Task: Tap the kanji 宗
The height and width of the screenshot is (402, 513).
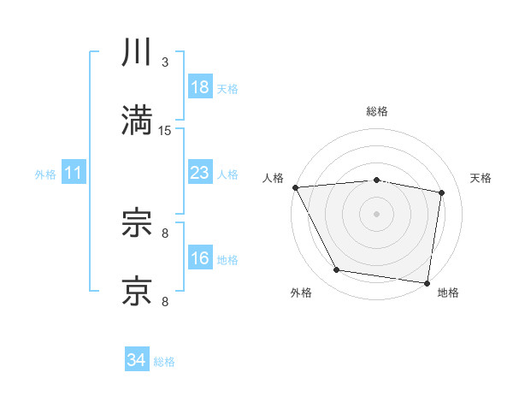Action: [x=138, y=223]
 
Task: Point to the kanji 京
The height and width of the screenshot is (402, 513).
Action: [x=138, y=291]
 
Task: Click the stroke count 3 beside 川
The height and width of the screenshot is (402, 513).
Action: [x=165, y=62]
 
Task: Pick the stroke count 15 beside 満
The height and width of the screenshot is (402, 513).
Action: [x=165, y=130]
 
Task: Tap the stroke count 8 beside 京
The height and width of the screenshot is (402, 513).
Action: [x=165, y=301]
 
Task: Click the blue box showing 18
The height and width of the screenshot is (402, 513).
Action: [x=200, y=87]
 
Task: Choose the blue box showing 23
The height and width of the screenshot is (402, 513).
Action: [x=200, y=173]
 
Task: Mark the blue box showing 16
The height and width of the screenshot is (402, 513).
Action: [x=200, y=258]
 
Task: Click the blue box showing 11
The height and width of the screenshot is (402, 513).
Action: [x=74, y=173]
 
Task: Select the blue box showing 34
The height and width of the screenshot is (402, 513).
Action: [x=136, y=360]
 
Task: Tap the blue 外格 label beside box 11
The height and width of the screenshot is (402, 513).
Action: [x=45, y=174]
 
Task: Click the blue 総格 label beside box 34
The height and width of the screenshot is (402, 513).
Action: [x=164, y=361]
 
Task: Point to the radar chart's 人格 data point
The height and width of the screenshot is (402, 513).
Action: [x=295, y=187]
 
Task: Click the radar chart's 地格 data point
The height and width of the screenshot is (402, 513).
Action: [x=427, y=282]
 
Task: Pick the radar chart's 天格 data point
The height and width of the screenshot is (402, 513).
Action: [x=442, y=192]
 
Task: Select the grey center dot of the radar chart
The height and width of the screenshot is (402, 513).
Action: [x=377, y=213]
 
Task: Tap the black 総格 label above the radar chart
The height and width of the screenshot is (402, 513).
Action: [x=377, y=111]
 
